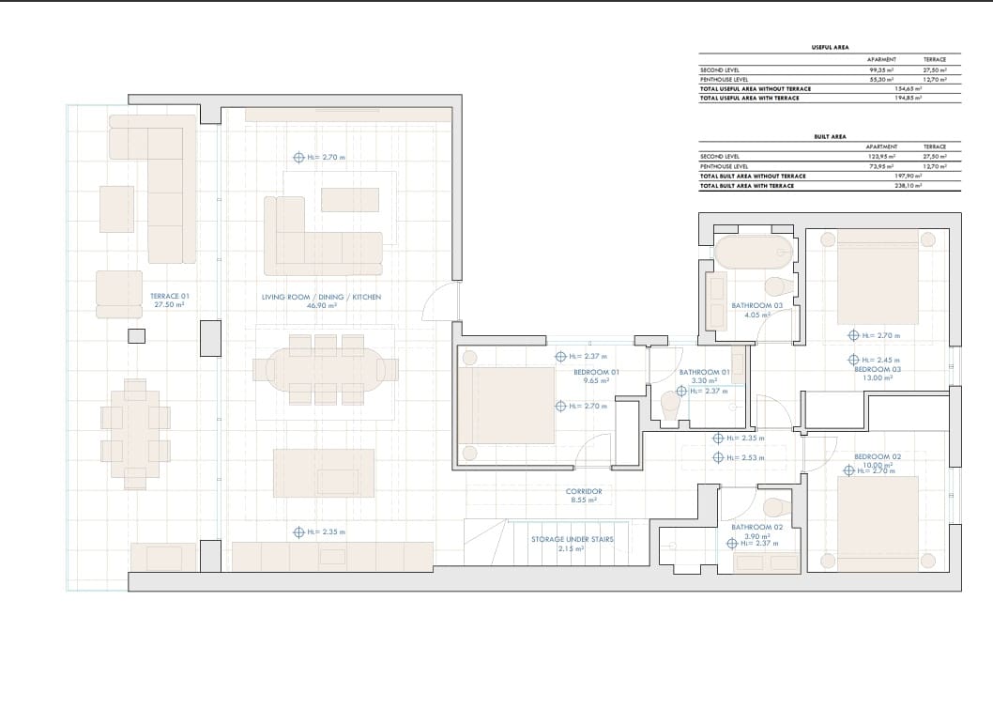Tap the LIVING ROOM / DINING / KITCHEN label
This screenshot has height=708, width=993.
[x=321, y=297]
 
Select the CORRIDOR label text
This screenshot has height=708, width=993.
[x=584, y=491]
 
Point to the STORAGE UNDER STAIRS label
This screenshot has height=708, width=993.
[x=572, y=539]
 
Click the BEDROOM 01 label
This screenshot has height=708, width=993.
[x=597, y=372]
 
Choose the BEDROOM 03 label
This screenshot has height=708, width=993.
[x=878, y=369]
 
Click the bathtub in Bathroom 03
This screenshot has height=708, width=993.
[x=754, y=253]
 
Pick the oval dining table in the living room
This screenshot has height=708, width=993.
[x=326, y=369]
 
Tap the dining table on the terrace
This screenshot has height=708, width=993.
[x=135, y=433]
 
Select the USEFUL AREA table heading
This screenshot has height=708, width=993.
[x=830, y=46]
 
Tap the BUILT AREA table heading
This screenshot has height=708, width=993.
[x=830, y=136]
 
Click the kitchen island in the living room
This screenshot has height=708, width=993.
[x=323, y=472]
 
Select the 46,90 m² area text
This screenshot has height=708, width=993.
[x=321, y=305]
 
